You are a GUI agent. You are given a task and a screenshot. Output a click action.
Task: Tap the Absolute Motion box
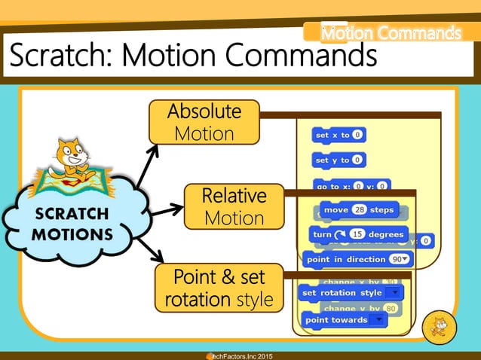[x=204, y=123]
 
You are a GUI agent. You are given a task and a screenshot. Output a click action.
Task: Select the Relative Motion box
[x=234, y=207]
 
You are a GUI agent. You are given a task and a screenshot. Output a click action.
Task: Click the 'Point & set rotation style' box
[x=219, y=288]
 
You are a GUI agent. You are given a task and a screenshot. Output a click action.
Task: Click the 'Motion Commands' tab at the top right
[x=390, y=33]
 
